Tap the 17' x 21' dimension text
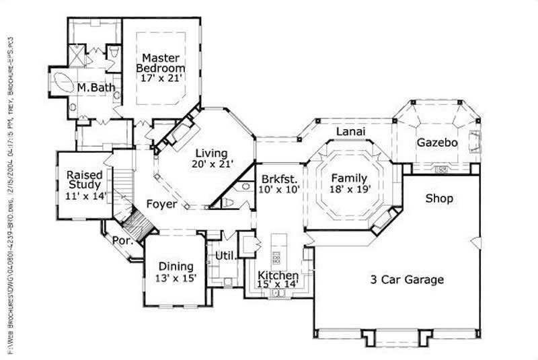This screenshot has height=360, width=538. (161, 79)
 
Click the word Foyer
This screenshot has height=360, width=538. (161, 204)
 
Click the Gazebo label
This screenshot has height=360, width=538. (437, 143)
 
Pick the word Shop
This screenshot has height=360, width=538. (438, 199)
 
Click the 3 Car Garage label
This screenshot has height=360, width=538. (407, 279)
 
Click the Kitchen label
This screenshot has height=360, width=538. (278, 276)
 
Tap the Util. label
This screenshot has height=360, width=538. (224, 256)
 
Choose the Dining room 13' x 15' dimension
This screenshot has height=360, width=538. (176, 278)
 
